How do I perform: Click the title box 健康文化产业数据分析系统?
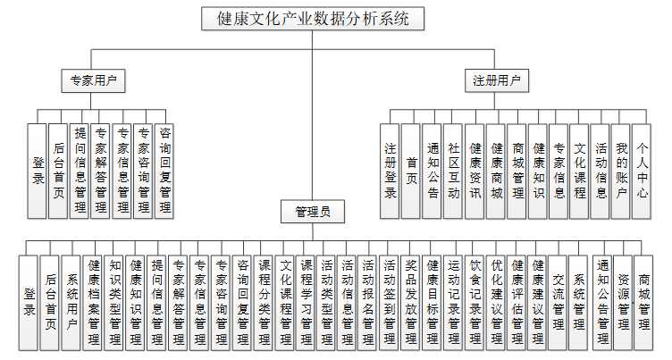[312, 19]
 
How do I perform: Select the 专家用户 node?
[94, 80]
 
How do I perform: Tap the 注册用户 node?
[496, 80]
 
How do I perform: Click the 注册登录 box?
[391, 171]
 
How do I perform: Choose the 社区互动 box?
[453, 171]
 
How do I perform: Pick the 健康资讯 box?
[475, 171]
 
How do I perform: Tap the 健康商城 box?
[496, 171]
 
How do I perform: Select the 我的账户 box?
[622, 171]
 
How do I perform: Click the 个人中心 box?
[643, 171]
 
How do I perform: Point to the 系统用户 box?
[72, 302]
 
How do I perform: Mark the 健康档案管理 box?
[94, 302]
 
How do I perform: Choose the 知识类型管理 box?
[115, 302]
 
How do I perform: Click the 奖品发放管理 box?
[411, 302]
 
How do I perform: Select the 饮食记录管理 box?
[475, 302]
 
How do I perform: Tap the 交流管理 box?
[559, 302]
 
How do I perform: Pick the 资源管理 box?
[622, 302]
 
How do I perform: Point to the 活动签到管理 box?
[390, 302]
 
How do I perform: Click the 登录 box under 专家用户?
[38, 171]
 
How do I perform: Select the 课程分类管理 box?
[265, 302]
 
